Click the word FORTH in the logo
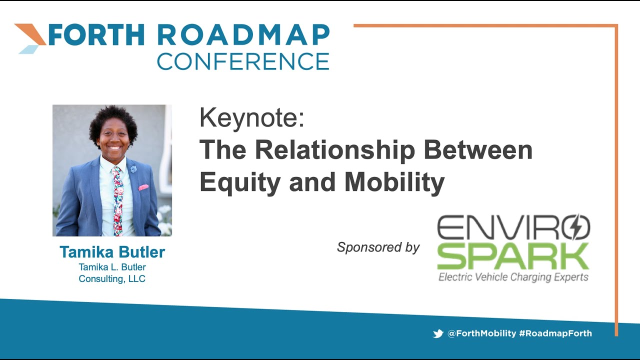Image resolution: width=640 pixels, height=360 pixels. click(95, 35)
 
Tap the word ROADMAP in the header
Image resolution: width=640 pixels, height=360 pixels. click(243, 35)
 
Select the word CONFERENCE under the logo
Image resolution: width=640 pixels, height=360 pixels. click(243, 61)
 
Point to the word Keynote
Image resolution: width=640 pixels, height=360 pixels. click(251, 119)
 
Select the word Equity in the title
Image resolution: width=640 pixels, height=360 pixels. click(239, 182)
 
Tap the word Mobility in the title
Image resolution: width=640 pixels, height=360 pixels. click(394, 182)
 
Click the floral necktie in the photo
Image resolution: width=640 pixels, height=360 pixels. click(117, 200)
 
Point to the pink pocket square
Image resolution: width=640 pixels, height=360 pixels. click(143, 187)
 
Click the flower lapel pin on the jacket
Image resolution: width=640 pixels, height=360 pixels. click(133, 169)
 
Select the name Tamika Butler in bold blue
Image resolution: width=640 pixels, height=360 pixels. click(112, 252)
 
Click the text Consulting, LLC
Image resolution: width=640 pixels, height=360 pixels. click(112, 279)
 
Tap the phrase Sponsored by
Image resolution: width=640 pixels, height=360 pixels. click(378, 247)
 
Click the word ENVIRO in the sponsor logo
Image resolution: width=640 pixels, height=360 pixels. click(505, 227)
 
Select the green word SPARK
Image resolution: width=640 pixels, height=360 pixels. click(513, 256)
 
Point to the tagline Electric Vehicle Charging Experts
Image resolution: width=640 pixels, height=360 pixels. click(513, 276)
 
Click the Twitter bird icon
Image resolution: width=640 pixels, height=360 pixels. click(438, 333)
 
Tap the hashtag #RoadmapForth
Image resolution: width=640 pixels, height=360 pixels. click(555, 333)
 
